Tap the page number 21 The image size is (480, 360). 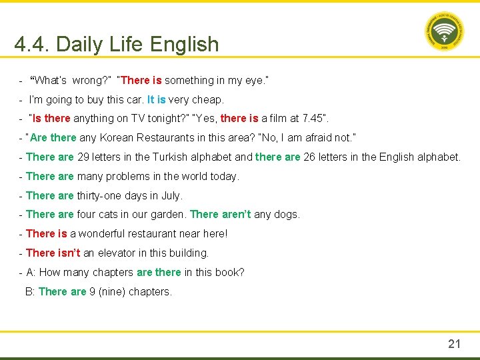click(454, 344)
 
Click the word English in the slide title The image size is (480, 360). click(184, 44)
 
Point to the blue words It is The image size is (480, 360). click(156, 99)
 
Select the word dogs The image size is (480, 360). click(288, 215)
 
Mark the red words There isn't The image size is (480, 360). click(53, 253)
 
